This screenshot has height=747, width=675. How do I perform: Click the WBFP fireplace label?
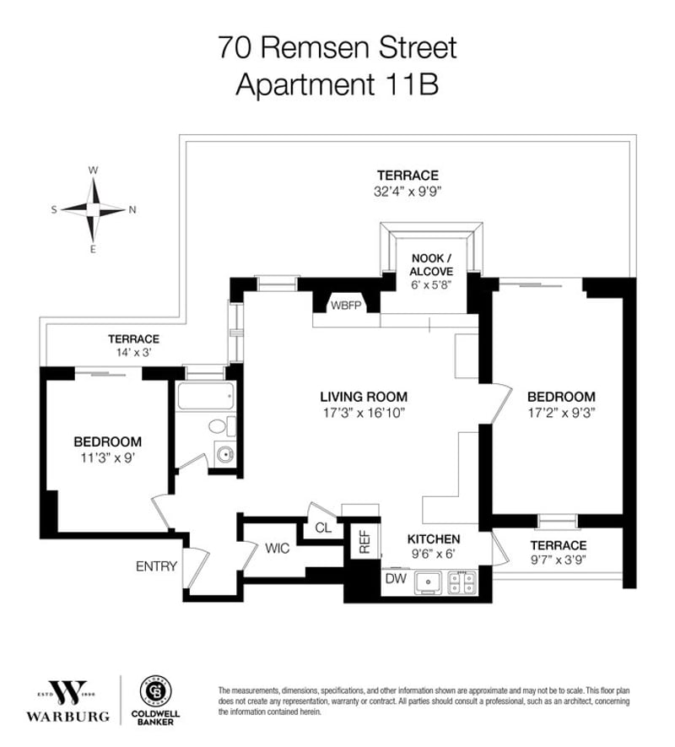[x=346, y=306]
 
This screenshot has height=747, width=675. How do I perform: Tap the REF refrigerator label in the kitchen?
[x=364, y=541]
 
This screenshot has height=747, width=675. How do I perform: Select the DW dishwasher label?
[x=396, y=578]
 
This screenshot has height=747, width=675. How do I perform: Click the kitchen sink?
[x=429, y=582]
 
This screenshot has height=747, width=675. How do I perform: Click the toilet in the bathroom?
[x=222, y=426]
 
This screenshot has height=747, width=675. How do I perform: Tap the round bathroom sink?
[x=224, y=454]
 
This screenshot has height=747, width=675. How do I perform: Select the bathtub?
[x=205, y=396]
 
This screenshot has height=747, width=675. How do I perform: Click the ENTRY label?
[x=156, y=566]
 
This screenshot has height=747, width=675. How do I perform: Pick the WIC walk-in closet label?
[x=278, y=549]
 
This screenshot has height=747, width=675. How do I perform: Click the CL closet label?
[x=323, y=528]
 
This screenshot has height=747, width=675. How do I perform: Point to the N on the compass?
[x=132, y=209]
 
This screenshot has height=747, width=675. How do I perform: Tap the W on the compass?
[x=94, y=170]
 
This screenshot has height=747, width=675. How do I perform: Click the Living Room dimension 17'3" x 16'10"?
[x=364, y=413]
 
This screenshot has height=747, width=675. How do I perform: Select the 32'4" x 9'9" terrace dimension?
[x=408, y=192]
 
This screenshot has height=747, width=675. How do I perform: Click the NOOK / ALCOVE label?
[x=432, y=265]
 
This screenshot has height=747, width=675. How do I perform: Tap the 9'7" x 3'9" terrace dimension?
[x=559, y=560]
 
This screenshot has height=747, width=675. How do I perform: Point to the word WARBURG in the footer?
[x=67, y=717]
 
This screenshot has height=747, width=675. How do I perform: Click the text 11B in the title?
[x=412, y=84]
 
